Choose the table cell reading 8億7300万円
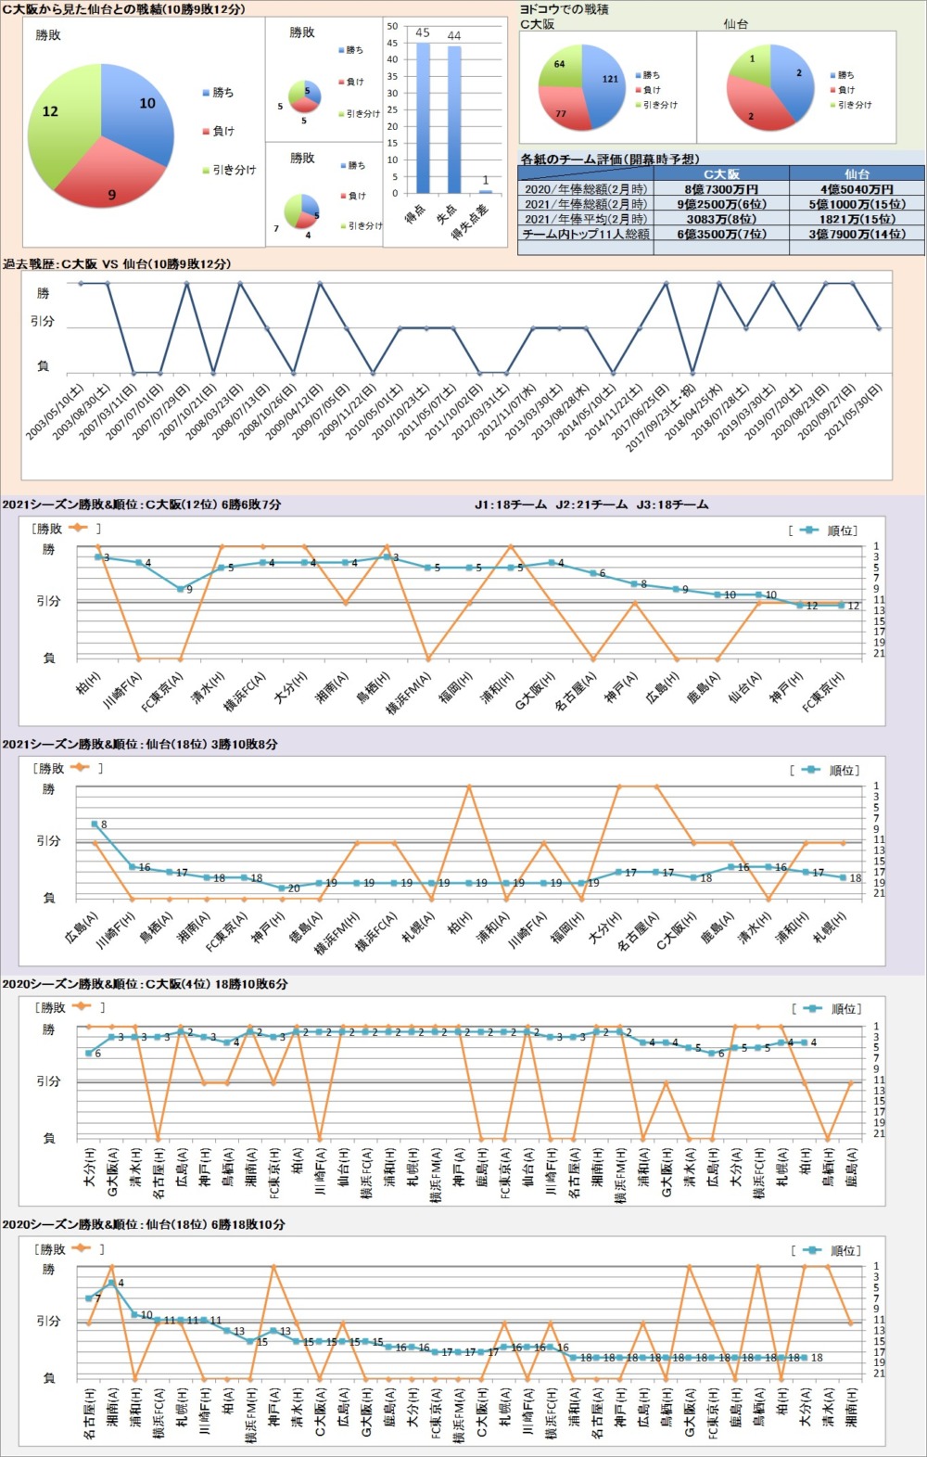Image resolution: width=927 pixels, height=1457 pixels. point(721,189)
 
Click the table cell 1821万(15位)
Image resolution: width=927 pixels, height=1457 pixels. point(857,219)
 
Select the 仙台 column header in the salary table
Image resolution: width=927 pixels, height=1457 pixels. point(857,173)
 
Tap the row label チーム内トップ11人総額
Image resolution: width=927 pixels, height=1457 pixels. point(585,234)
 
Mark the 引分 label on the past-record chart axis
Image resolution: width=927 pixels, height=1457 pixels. point(43,321)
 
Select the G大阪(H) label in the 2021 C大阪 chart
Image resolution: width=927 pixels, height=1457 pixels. point(533,691)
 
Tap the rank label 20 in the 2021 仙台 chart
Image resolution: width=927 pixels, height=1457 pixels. point(294,888)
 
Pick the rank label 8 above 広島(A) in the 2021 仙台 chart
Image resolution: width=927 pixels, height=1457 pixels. point(104,824)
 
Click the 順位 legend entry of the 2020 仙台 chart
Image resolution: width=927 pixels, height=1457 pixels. point(835,1250)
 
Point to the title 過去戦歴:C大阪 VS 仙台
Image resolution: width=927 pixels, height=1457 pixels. point(117,264)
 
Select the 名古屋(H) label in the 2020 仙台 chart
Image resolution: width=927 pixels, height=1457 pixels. point(90,1413)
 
